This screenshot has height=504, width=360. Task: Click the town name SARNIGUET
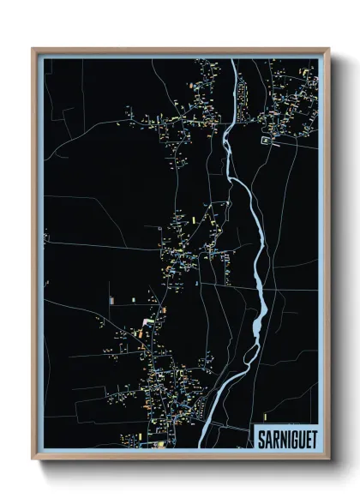click(x=285, y=438)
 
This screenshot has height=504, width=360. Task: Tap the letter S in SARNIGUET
click(x=261, y=438)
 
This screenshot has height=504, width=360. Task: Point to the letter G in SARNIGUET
click(x=291, y=438)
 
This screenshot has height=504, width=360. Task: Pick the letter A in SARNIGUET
click(x=267, y=438)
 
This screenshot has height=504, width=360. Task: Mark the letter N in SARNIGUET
click(x=281, y=438)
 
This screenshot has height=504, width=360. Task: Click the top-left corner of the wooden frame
click(x=33, y=49)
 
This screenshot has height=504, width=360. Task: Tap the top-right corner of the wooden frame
click(x=328, y=49)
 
